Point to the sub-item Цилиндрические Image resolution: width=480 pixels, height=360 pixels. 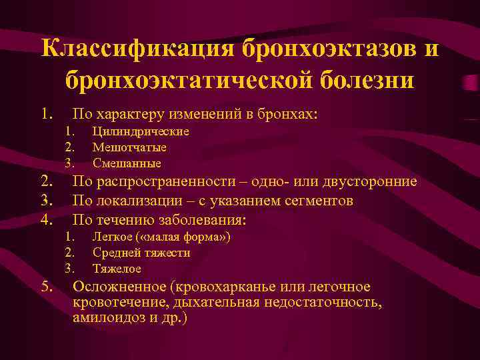pyautogui.click(x=141, y=131)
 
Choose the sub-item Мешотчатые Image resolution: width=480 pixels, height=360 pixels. pyautogui.click(x=129, y=147)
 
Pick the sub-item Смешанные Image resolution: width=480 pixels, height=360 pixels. pyautogui.click(x=127, y=163)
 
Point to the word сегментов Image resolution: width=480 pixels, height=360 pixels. pyautogui.click(x=319, y=201)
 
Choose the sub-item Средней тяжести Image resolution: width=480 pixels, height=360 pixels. pyautogui.click(x=141, y=253)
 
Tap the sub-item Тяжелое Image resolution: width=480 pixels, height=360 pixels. pyautogui.click(x=117, y=269)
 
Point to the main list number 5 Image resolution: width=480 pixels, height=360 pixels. pyautogui.click(x=45, y=287)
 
